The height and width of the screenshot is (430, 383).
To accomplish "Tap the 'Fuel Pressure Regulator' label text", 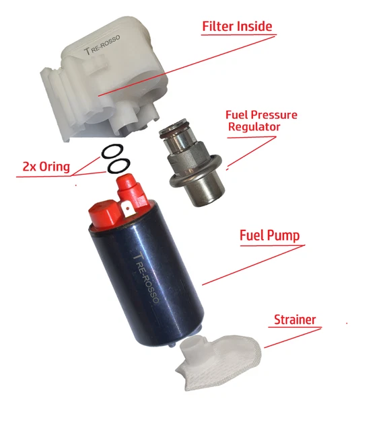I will pyautogui.click(x=260, y=120).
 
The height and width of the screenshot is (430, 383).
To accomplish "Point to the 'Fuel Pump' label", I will pyautogui.click(x=269, y=236).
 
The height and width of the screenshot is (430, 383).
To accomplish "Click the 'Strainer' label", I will pyautogui.click(x=294, y=319).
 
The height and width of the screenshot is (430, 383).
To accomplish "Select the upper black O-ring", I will pyautogui.click(x=112, y=151).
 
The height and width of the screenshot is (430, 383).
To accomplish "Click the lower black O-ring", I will pyautogui.click(x=119, y=165).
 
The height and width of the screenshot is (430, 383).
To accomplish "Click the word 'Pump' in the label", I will pyautogui.click(x=283, y=236).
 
